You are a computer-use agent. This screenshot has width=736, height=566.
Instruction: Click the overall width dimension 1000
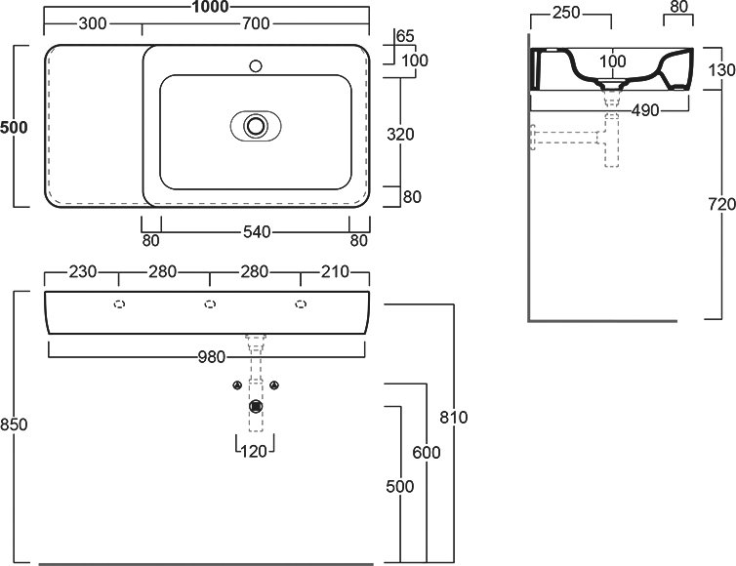click(x=210, y=7)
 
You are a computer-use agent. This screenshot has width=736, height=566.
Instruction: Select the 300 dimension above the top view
click(x=93, y=23)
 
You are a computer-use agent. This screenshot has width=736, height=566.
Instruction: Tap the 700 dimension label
click(x=256, y=23)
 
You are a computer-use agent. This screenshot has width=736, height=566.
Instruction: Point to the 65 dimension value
click(x=405, y=36)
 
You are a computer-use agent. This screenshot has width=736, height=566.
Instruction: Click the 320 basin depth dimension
click(x=400, y=135)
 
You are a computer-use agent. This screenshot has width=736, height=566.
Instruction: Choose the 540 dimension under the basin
click(x=257, y=232)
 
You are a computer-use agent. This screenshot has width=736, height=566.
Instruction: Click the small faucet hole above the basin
click(x=256, y=65)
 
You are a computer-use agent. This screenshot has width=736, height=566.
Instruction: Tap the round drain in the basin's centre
click(x=256, y=126)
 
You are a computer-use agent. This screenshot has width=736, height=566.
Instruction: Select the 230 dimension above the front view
click(x=83, y=271)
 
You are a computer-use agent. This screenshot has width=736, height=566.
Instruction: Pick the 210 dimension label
click(x=335, y=271)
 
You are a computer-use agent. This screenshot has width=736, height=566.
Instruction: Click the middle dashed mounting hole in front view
click(x=210, y=304)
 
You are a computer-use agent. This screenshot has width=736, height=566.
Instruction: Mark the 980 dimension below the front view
click(x=212, y=357)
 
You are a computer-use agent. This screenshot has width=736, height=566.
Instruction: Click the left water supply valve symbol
click(x=237, y=385)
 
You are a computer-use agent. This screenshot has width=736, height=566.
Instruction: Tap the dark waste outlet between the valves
click(x=256, y=406)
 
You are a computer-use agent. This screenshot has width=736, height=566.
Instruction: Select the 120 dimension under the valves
click(x=254, y=451)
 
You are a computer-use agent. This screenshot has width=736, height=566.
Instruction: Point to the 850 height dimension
click(x=14, y=424)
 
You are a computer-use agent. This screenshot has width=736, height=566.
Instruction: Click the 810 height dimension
click(x=454, y=417)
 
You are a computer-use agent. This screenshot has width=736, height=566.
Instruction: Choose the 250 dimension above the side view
click(x=566, y=13)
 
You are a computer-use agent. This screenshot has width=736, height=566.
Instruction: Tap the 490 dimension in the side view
click(x=645, y=110)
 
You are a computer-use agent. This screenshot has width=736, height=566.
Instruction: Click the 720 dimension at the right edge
click(x=722, y=204)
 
